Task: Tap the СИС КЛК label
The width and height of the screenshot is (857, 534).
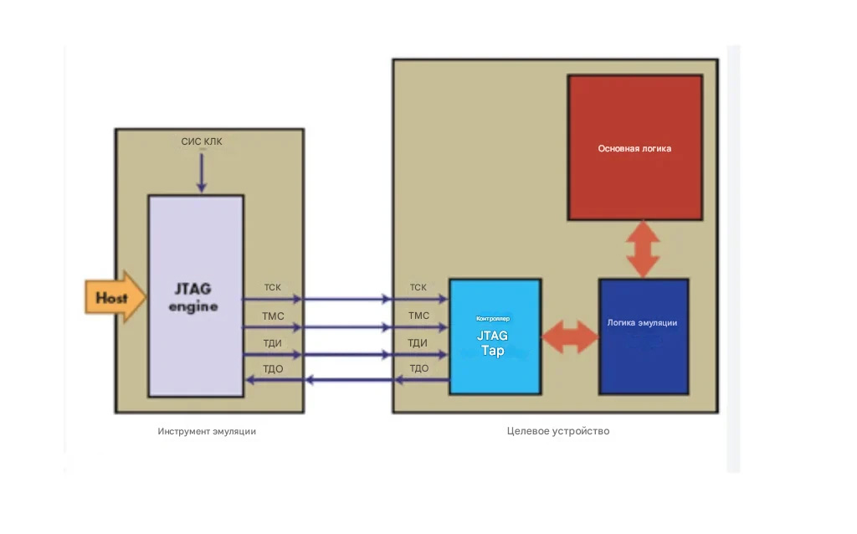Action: coord(202,141)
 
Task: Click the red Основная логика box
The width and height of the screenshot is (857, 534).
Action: coord(634,148)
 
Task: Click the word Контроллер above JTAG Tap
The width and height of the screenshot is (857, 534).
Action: coord(493,319)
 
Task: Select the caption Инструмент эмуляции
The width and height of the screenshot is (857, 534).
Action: coord(207,431)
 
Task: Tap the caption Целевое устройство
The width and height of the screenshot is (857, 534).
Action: coord(558,431)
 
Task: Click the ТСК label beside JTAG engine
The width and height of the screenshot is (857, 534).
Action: coord(273,288)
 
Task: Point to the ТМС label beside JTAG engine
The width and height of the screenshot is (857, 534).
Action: coord(273,316)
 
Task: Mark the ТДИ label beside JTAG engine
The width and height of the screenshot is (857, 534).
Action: coord(273,342)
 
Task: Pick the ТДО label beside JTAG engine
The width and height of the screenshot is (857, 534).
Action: coord(273,368)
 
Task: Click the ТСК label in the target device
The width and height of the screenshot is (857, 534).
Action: coord(418,288)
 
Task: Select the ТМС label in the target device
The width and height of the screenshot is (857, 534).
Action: coord(418,316)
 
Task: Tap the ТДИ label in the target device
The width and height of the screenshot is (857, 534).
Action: coord(418,342)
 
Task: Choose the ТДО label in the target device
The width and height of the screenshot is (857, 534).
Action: coord(418,368)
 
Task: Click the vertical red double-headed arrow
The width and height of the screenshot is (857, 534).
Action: coord(644,249)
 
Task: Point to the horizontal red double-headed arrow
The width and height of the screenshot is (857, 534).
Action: coord(570,336)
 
